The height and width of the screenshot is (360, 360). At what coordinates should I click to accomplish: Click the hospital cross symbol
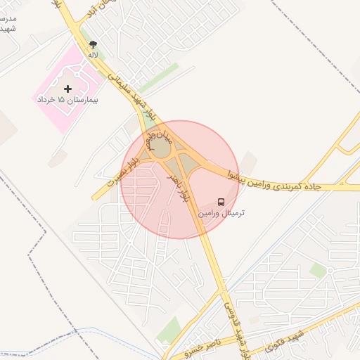(x=67, y=89)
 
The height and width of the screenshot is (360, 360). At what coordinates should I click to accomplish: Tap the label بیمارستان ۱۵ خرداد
(x=67, y=101)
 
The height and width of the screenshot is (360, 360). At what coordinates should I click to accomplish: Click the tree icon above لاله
(x=92, y=44)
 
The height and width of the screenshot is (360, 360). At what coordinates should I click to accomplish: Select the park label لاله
(x=92, y=54)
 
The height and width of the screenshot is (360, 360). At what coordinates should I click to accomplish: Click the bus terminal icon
(x=221, y=202)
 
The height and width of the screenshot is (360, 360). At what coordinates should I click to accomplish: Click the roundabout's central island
(x=161, y=149)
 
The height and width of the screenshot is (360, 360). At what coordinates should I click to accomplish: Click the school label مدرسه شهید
(x=8, y=24)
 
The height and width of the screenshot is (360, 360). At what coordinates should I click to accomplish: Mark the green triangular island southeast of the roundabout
(x=188, y=169)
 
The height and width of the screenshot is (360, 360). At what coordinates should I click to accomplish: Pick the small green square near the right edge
(x=319, y=270)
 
